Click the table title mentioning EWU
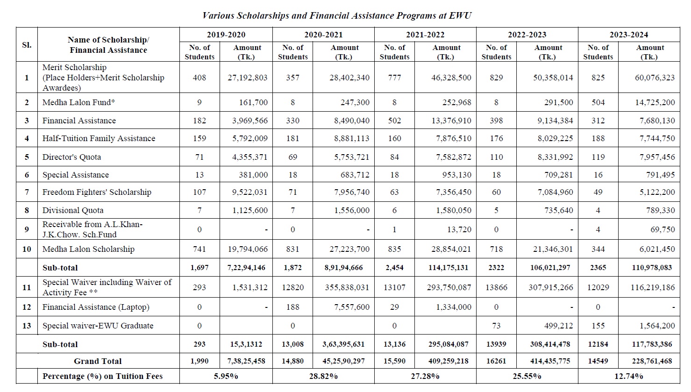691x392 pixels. (337, 15)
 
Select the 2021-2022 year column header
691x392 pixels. (425, 35)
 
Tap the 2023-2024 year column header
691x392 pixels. (629, 35)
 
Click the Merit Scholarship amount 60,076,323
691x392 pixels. (655, 78)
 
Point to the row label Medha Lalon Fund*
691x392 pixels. (77, 102)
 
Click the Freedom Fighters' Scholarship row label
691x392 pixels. (97, 192)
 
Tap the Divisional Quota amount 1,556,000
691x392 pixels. (351, 210)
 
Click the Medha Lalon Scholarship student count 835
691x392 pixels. (394, 249)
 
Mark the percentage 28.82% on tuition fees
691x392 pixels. (323, 376)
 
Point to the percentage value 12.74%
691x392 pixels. (629, 376)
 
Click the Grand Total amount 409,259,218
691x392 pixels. (448, 361)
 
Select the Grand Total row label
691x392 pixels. (98, 361)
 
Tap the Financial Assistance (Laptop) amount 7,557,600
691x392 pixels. (351, 307)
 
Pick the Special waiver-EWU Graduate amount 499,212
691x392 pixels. (553, 326)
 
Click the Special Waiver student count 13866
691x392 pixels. (496, 287)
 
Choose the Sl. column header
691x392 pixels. (27, 45)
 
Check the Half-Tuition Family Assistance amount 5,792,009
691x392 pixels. (250, 138)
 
